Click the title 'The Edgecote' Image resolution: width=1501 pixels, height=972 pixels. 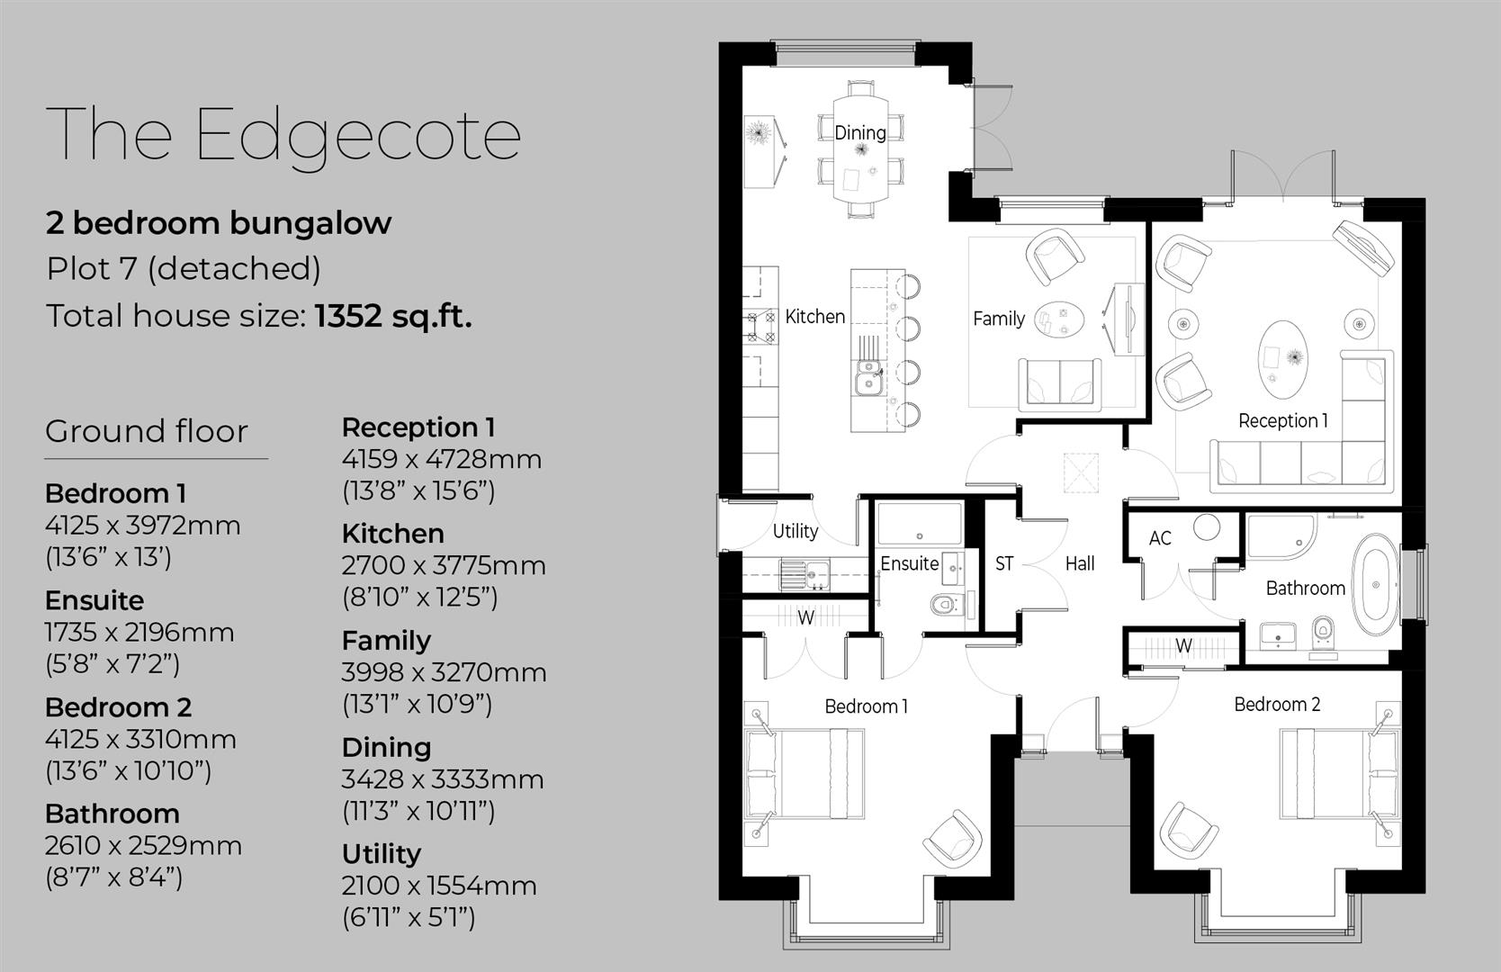point(283,135)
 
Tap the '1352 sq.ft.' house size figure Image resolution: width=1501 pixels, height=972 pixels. point(392,316)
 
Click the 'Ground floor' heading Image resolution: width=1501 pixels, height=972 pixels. point(146,431)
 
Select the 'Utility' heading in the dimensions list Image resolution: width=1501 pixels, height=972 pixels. point(381,853)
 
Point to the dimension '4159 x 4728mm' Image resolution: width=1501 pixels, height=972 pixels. point(441,459)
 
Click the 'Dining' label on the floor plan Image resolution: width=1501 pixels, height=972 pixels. point(859,132)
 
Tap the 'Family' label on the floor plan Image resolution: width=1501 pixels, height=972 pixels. point(998,318)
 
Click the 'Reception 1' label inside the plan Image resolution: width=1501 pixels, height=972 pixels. point(1282,420)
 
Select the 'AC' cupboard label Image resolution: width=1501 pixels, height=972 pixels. point(1160,538)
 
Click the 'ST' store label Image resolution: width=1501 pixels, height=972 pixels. point(1004,563)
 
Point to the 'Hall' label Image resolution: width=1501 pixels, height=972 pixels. point(1080,563)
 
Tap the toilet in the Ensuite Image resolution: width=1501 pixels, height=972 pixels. point(945,604)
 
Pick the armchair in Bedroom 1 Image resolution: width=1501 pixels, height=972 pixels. point(951,838)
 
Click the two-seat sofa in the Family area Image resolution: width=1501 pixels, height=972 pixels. point(1059,382)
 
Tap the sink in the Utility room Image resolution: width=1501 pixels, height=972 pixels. point(816,573)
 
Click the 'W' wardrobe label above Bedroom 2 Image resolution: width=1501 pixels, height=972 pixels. point(1183,645)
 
